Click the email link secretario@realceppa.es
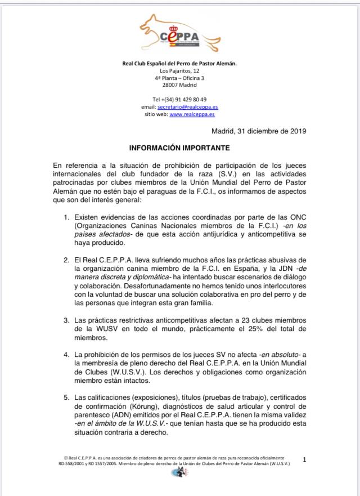[x=195, y=106]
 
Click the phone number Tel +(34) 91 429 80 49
[x=179, y=99]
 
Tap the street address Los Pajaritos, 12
[x=179, y=70]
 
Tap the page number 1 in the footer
[x=305, y=460]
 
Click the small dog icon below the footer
[x=180, y=472]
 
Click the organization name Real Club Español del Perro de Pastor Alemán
[x=179, y=63]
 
